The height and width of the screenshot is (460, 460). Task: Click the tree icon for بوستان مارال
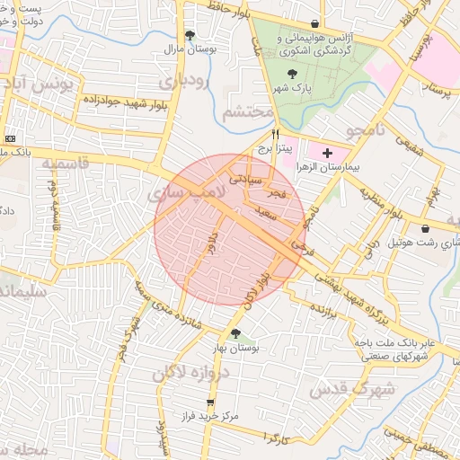(x=190, y=36)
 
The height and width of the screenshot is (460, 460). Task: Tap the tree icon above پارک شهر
(x=291, y=75)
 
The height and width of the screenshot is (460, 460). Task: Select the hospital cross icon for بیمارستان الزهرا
(x=327, y=154)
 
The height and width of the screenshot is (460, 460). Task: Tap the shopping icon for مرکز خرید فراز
(x=211, y=402)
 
